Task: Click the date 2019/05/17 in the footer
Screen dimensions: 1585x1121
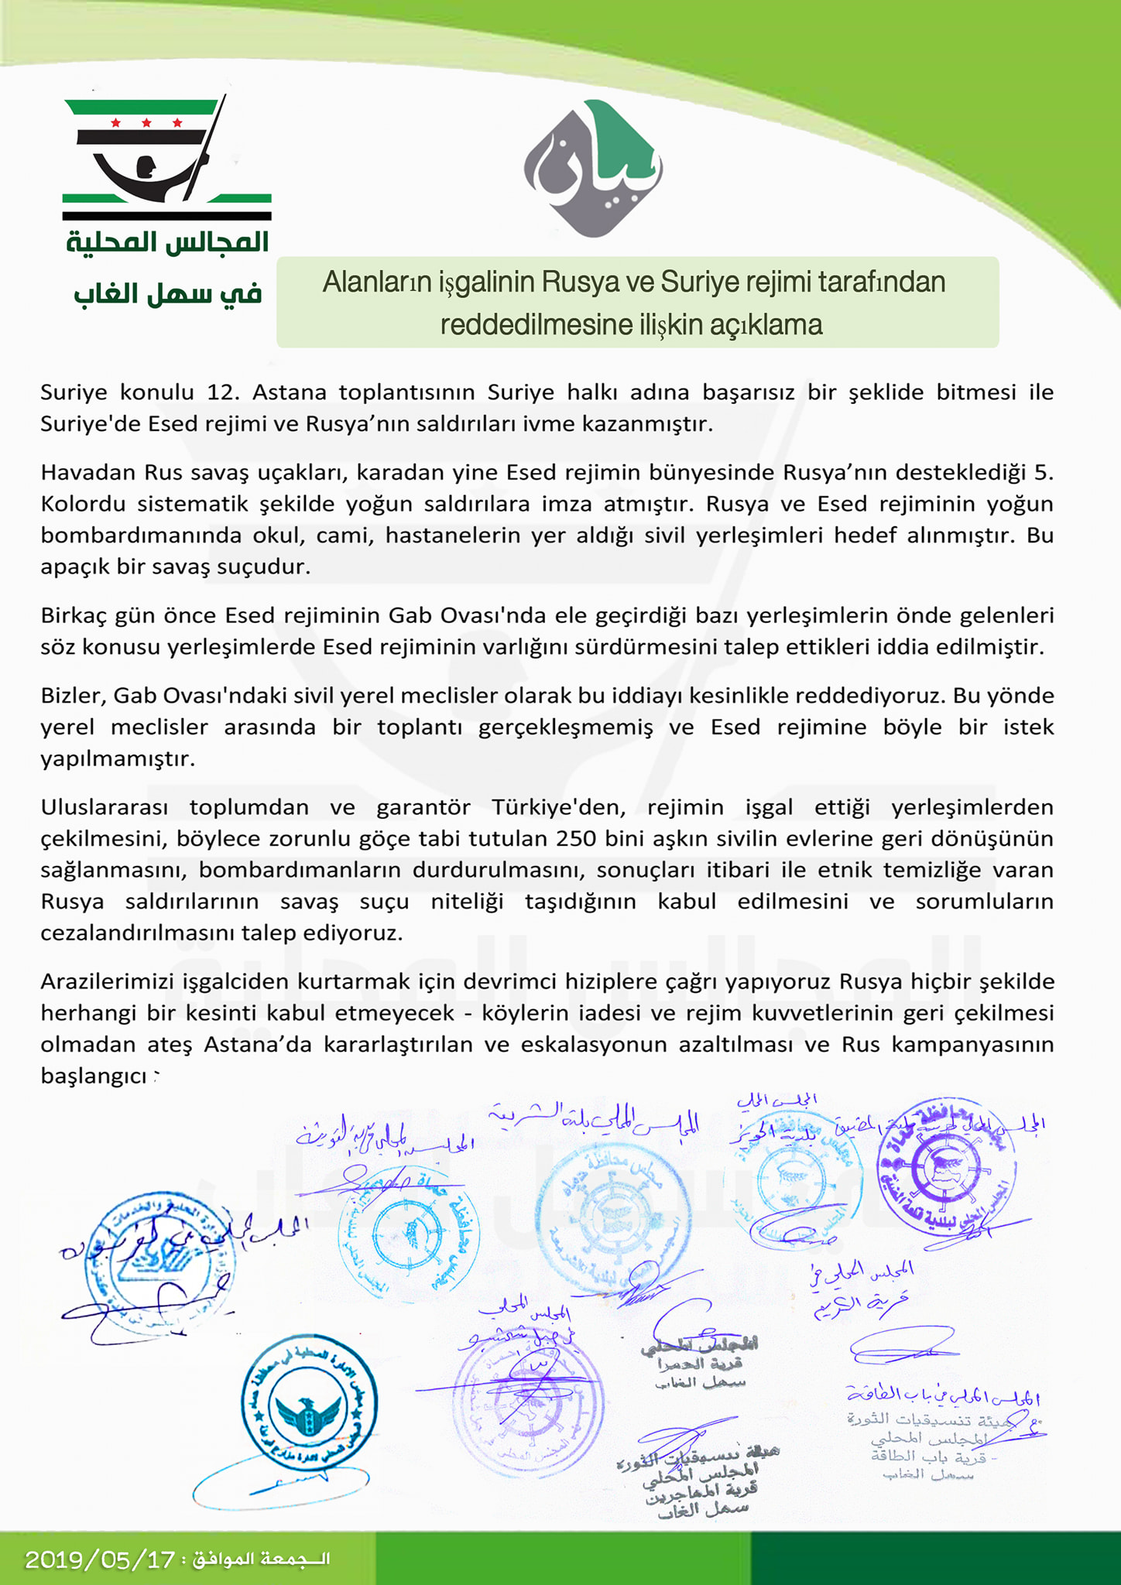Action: tap(100, 1559)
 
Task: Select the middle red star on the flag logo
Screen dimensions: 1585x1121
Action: tap(146, 123)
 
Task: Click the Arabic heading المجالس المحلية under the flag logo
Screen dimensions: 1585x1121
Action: tap(167, 242)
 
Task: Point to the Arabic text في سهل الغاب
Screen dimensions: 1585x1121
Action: tap(168, 294)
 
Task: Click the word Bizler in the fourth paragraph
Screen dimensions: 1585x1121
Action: tap(72, 696)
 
